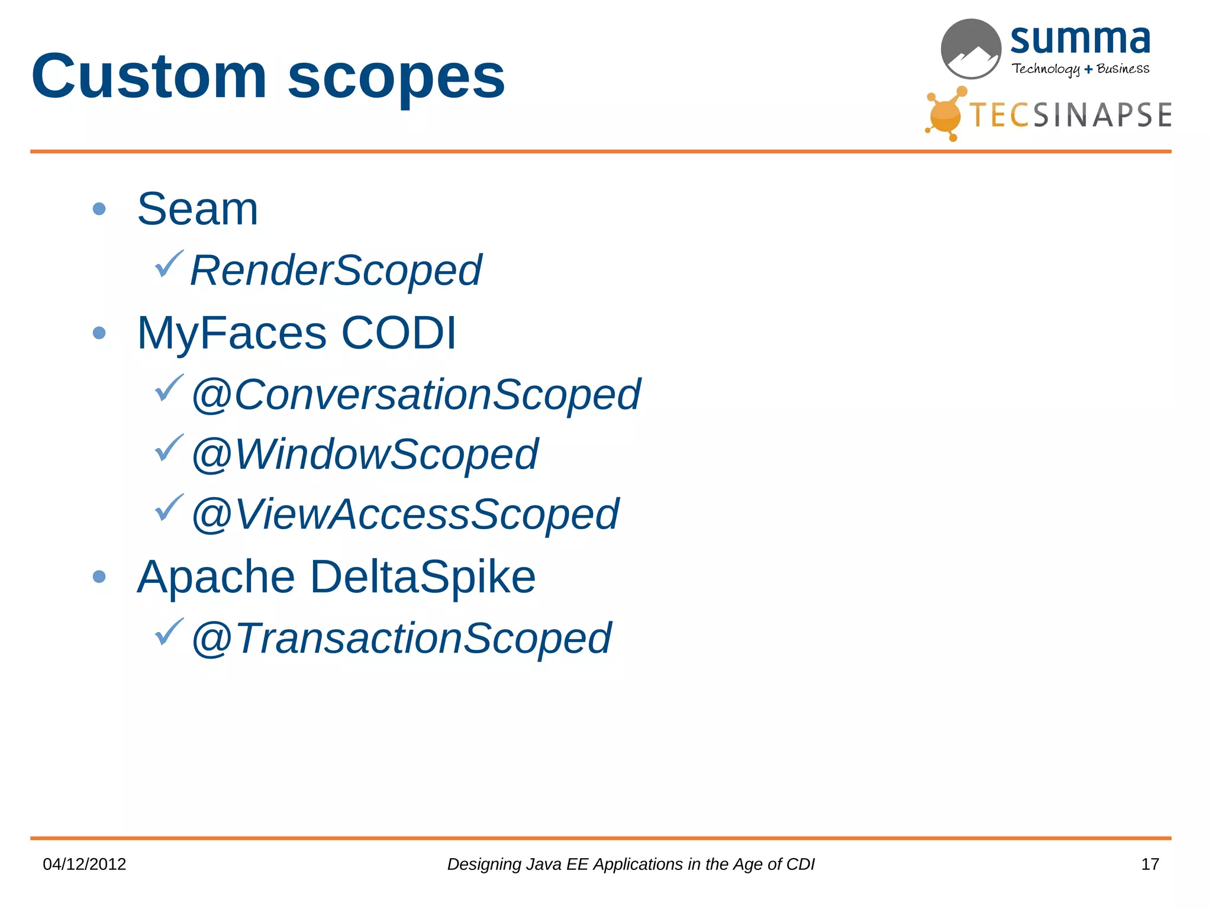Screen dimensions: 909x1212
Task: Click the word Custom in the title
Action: (x=149, y=77)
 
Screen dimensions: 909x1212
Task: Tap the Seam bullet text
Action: (x=198, y=209)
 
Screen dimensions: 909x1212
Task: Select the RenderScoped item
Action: (x=336, y=270)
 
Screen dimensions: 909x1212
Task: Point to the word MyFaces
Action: (x=231, y=333)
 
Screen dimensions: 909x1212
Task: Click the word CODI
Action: (x=399, y=333)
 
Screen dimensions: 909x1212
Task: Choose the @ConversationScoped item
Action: (x=415, y=395)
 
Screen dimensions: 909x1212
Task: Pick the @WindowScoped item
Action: (x=365, y=454)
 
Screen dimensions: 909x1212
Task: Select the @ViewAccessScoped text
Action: (x=405, y=514)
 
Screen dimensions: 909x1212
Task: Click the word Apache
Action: (x=216, y=577)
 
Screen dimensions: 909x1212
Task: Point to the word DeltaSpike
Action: (x=423, y=577)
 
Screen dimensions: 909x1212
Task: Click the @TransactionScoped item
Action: (x=401, y=639)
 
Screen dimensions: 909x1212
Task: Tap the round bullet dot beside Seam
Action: (x=99, y=209)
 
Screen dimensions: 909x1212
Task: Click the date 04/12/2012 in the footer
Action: (x=85, y=864)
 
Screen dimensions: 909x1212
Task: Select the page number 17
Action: (x=1149, y=864)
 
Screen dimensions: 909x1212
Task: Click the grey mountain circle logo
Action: (x=971, y=49)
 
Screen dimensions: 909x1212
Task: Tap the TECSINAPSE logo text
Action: (x=1070, y=115)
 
